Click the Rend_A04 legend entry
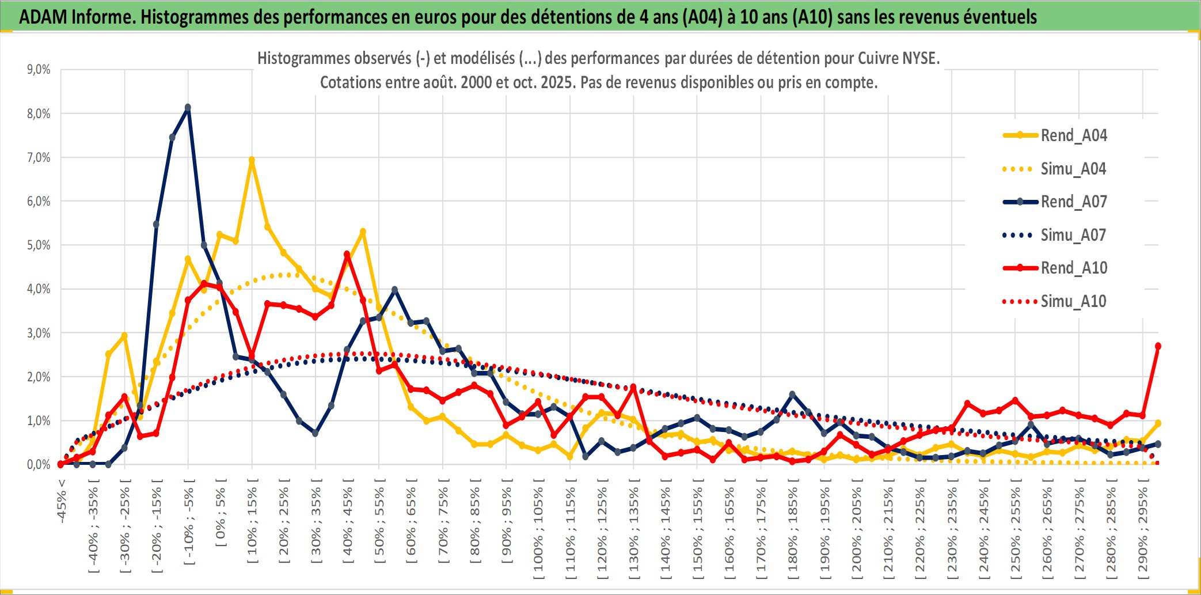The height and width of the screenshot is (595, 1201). coord(1073,135)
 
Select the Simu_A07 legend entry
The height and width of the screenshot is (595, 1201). coord(1073,235)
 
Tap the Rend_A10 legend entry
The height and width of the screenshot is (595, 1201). coord(1073,268)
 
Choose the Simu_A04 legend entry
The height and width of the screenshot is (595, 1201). coord(1073,169)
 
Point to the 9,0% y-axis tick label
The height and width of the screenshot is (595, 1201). coord(39,70)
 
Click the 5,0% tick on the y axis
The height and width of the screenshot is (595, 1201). coord(39,245)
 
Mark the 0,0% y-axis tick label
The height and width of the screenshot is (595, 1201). coord(39,465)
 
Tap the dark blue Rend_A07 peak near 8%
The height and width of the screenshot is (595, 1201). coord(188,108)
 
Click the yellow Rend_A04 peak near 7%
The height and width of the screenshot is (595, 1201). coord(252,160)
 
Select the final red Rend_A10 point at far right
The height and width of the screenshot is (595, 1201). coord(1158,346)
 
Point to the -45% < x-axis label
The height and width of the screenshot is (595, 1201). coord(62,501)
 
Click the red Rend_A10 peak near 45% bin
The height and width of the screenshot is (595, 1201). coord(347,254)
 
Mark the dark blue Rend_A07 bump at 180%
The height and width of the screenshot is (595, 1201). coord(792,395)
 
